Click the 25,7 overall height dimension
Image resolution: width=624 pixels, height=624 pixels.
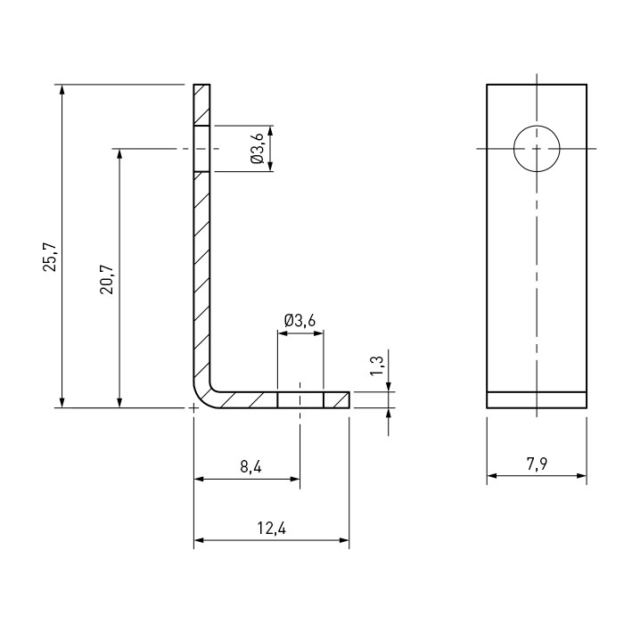(51, 257)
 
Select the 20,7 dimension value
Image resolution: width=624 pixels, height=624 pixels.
(107, 279)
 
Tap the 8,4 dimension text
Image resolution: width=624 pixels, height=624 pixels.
(251, 466)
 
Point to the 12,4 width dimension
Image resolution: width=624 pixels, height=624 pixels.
(271, 528)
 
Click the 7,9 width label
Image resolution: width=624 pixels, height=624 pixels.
(537, 464)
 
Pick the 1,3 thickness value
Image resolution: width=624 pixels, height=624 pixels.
(376, 365)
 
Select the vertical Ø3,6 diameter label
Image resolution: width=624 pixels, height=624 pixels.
(257, 149)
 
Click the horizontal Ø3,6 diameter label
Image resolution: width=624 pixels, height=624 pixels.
(300, 320)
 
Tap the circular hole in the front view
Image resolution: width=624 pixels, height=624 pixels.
(537, 149)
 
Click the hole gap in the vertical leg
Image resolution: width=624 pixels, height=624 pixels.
(201, 149)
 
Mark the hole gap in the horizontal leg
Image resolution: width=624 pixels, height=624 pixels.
(300, 400)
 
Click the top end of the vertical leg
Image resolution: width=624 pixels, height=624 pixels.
(201, 85)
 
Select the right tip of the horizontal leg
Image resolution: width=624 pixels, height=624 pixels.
(349, 400)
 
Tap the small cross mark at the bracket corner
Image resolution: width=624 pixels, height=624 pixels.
(193, 408)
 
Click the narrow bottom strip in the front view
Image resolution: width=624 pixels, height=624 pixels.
(537, 400)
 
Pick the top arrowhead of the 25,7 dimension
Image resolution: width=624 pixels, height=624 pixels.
(62, 90)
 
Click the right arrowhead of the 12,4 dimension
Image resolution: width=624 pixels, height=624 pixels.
(344, 540)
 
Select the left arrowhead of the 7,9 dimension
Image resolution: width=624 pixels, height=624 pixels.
(492, 475)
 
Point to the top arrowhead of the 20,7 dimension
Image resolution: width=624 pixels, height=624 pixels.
(119, 154)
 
